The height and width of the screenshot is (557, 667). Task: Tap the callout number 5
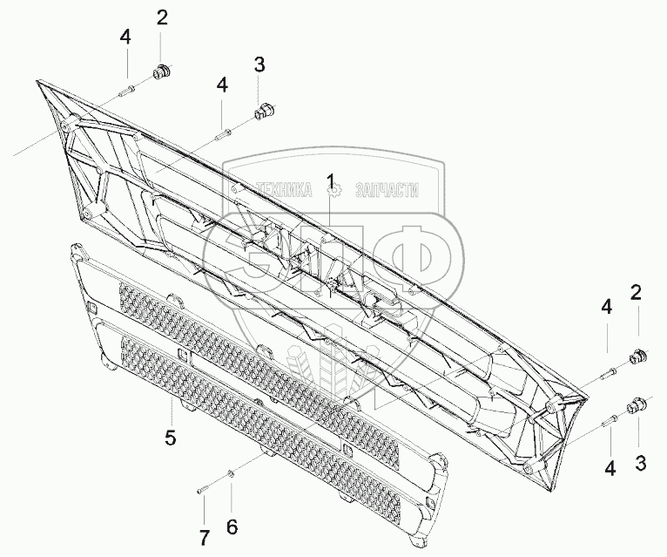point(172,437)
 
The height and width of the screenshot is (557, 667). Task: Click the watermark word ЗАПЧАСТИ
point(388,189)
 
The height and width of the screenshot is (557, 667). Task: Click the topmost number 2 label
point(162,17)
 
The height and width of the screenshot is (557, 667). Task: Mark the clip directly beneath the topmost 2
point(160,70)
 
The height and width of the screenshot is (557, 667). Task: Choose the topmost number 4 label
point(125,37)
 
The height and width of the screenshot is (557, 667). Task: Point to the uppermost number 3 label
point(259,64)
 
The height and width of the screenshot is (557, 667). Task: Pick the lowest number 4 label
point(610,469)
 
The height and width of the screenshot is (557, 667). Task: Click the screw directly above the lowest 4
point(610,423)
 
